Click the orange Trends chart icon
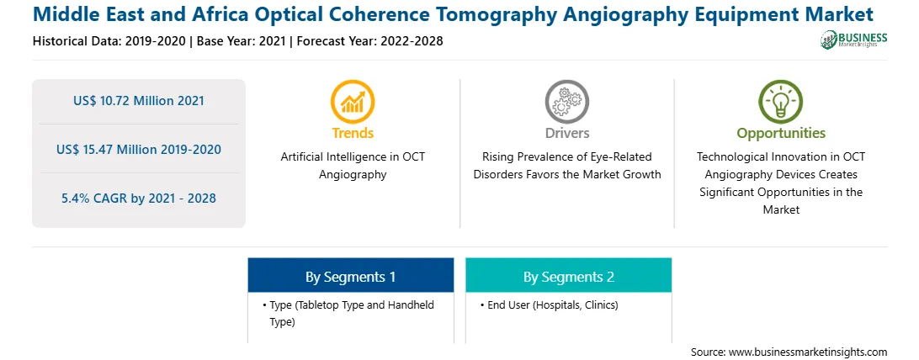click(x=353, y=102)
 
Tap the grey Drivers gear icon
click(x=566, y=102)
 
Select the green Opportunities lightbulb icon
click(x=781, y=102)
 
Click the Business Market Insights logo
click(x=854, y=40)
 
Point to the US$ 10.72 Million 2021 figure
click(x=139, y=101)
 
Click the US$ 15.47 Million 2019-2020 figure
click(x=139, y=149)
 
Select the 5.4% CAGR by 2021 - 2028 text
click(x=139, y=199)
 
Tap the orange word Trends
click(x=353, y=133)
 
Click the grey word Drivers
click(x=566, y=133)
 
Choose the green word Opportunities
click(x=781, y=134)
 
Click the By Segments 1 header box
click(x=350, y=275)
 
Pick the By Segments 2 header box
click(x=569, y=275)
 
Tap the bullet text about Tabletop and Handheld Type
click(x=349, y=314)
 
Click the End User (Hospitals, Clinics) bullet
click(x=550, y=305)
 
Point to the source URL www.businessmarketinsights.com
click(x=789, y=352)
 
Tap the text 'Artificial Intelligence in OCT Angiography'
click(x=353, y=166)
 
